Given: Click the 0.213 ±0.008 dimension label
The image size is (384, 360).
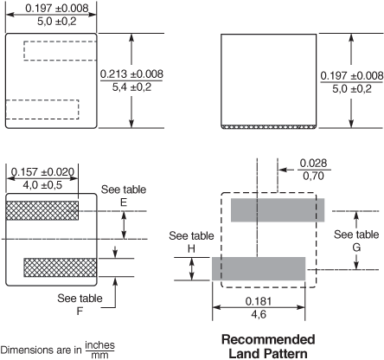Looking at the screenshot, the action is (131, 74).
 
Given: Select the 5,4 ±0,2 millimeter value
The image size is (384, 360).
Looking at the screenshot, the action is (131, 87).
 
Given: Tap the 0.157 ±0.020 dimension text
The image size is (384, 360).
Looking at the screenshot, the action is (42, 172).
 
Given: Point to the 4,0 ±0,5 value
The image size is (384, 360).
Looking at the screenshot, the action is (42, 185).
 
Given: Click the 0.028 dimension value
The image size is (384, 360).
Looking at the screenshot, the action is (313, 163).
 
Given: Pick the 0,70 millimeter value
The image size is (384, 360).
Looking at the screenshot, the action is (313, 176).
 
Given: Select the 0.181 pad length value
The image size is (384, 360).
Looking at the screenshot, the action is (259, 301).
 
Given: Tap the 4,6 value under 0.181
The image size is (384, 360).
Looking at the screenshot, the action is (259, 314).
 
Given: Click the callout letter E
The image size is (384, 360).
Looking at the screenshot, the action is (124, 202).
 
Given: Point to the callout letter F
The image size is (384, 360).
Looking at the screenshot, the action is (80, 312).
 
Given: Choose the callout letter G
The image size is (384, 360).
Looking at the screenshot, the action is (356, 247).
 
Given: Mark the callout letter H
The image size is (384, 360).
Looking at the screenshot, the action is (191, 248).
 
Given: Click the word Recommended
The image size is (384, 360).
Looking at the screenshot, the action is (268, 339).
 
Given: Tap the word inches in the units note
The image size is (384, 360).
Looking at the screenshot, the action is (99, 344).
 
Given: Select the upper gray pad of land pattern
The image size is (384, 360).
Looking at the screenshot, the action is (278, 210).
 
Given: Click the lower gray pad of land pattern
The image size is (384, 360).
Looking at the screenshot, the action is (259, 268).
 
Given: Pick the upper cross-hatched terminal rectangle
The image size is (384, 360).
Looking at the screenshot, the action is (42, 210).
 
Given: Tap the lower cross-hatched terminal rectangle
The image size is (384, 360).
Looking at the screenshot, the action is (61, 267).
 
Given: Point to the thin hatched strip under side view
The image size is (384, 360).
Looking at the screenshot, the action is (268, 127).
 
